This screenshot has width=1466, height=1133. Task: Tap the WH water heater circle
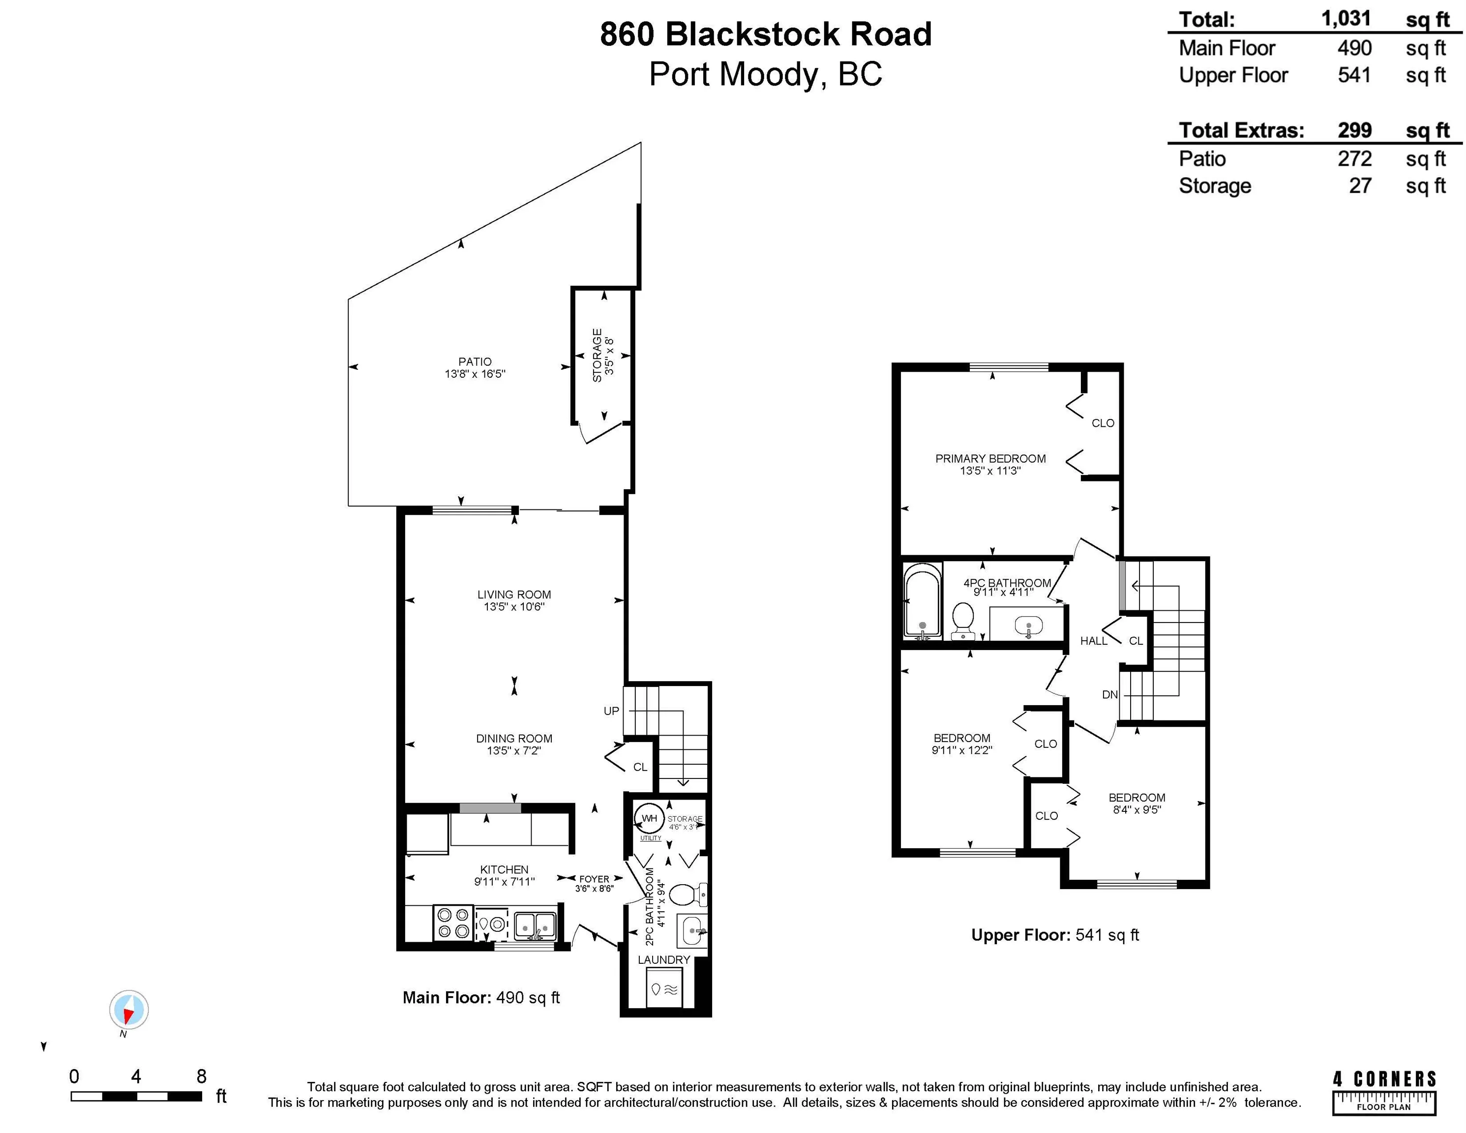coord(649,818)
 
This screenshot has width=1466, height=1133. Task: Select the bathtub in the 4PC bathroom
coord(922,599)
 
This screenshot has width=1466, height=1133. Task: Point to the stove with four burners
coord(453,923)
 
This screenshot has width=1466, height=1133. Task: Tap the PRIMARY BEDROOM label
coord(990,458)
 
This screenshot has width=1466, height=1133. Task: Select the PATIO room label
coord(475,361)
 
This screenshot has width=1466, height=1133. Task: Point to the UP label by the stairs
coord(611,711)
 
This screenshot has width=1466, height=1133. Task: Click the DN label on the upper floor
coord(1109,695)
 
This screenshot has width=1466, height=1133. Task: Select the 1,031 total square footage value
coord(1346,18)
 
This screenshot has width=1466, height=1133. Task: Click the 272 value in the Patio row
coord(1354,158)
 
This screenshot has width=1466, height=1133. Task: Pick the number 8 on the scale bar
coord(201,1076)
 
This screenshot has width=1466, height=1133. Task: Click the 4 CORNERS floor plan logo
coord(1384,1093)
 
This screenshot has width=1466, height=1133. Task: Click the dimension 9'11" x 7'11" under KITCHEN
coord(504,881)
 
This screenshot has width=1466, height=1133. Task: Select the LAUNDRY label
coord(663,959)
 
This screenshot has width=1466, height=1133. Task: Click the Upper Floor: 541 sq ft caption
coord(1054,934)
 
